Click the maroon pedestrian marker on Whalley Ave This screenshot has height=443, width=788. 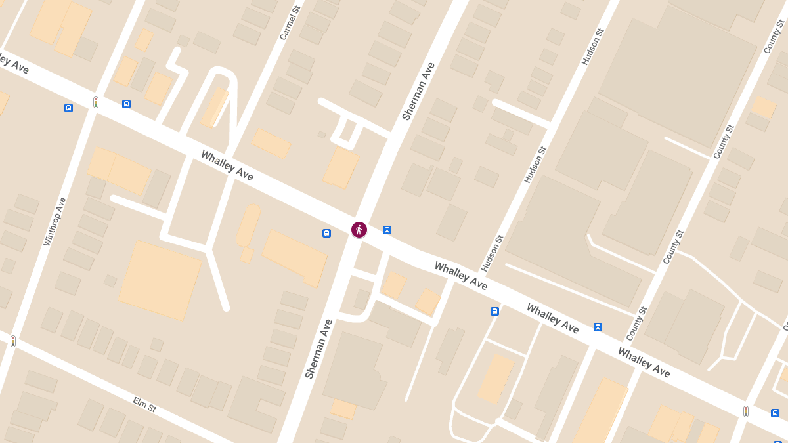359,230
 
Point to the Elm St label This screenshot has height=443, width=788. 144,404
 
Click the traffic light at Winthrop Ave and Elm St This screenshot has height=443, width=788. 12,341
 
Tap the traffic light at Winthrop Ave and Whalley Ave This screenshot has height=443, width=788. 95,102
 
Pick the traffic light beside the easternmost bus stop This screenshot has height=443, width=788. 745,411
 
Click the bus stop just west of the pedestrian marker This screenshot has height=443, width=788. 326,233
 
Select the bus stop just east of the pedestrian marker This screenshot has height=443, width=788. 387,230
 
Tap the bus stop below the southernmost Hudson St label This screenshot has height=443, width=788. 494,311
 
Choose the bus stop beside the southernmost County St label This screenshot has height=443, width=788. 598,327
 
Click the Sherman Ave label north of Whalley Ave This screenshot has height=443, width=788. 418,91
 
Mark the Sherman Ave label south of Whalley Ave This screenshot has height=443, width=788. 318,348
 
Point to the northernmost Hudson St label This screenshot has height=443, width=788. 592,46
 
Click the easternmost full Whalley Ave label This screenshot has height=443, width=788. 644,362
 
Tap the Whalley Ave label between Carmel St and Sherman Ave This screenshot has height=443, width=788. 227,165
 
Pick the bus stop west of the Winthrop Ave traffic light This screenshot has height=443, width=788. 68,108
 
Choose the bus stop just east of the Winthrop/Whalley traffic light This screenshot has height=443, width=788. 126,104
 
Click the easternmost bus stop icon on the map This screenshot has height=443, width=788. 775,413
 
